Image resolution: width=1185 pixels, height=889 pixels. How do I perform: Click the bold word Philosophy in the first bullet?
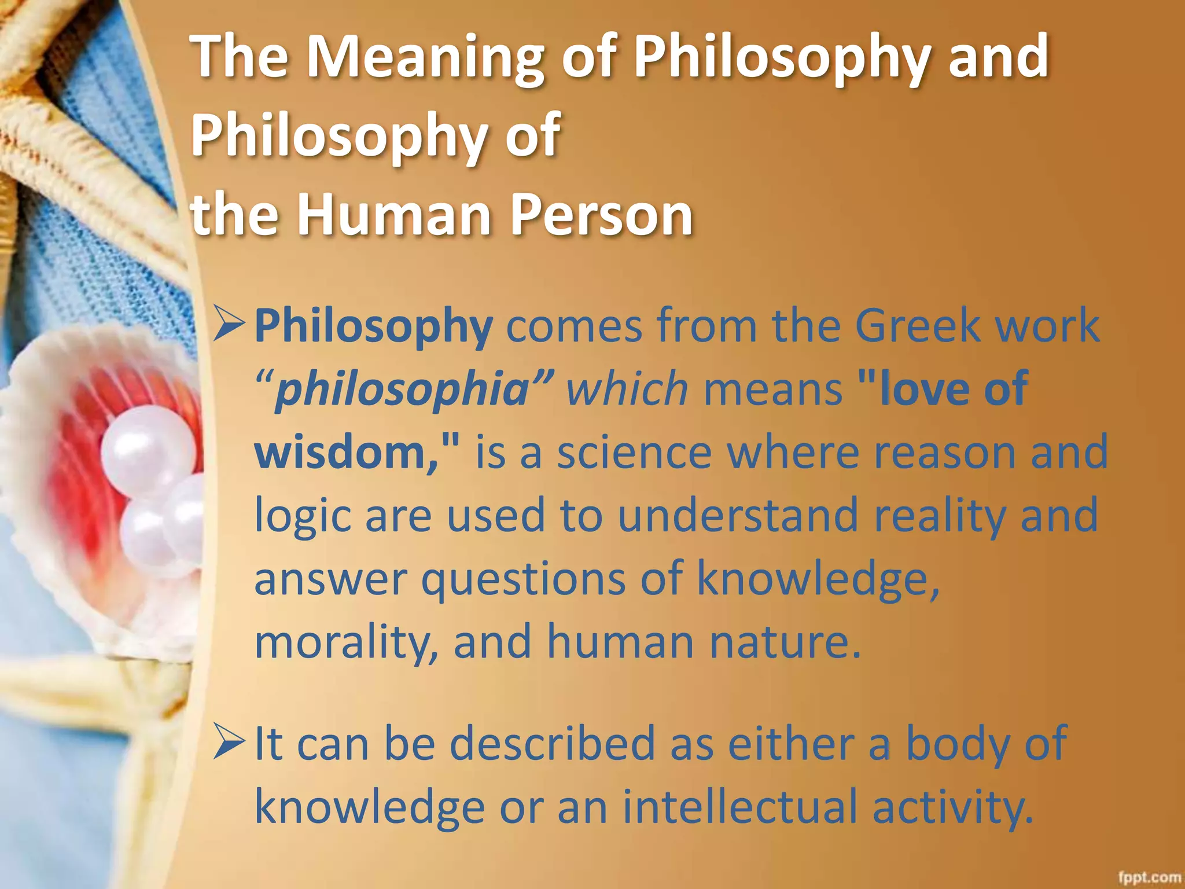[373, 326]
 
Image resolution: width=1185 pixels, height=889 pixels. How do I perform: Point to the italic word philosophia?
[402, 389]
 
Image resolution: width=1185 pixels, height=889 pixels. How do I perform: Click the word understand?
[738, 515]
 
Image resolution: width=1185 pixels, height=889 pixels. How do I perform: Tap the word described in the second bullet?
[552, 743]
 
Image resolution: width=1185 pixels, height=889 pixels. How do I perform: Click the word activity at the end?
[952, 807]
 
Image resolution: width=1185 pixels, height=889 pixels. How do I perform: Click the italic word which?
[627, 389]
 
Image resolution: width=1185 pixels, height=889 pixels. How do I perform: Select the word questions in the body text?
[523, 578]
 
